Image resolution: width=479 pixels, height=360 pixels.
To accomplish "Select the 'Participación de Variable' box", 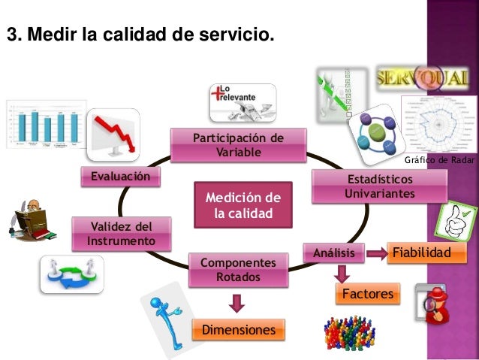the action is click(x=239, y=145).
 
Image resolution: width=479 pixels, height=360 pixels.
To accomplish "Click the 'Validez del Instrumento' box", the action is click(x=121, y=234).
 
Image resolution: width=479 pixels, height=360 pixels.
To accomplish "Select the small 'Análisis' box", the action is click(x=333, y=253).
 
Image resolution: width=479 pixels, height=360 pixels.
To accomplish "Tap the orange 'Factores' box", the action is click(x=368, y=294).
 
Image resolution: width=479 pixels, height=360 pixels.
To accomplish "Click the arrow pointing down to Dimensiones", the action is click(x=237, y=303).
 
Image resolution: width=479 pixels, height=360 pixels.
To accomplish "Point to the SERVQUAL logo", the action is click(x=425, y=77).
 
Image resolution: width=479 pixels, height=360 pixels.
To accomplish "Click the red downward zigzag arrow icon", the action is click(x=113, y=135).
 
